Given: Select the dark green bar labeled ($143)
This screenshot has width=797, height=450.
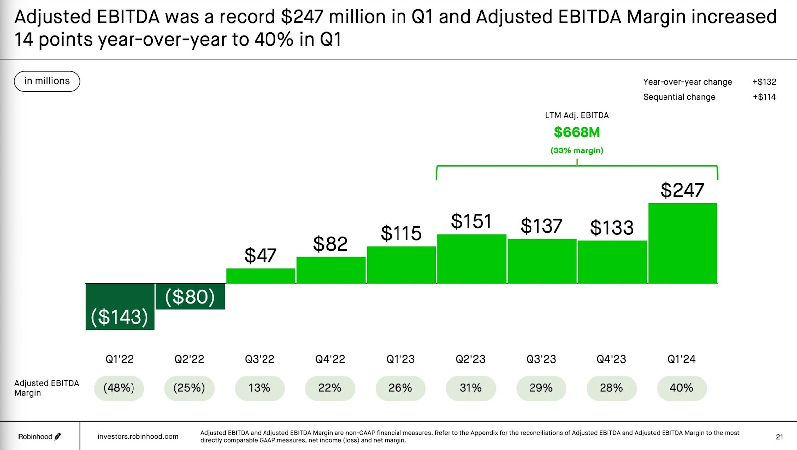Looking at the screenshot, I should click(120, 306).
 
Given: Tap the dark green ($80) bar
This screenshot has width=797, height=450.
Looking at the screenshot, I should click(190, 297).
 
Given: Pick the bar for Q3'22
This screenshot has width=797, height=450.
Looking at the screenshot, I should click(261, 276).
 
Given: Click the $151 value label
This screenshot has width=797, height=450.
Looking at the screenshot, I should click(471, 221).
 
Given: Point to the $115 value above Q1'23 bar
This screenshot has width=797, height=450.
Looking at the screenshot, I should click(401, 233).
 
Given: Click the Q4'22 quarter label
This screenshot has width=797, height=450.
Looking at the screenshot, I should click(330, 359).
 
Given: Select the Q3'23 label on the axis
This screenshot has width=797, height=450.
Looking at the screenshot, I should click(541, 359).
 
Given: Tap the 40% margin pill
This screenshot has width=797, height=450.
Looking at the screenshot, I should click(681, 388).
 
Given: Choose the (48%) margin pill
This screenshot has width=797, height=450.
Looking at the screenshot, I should click(119, 388).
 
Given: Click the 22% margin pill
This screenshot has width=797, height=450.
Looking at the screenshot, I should click(330, 388).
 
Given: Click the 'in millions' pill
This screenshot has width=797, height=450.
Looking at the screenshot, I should click(47, 81).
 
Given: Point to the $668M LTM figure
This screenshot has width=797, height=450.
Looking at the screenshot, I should click(577, 132).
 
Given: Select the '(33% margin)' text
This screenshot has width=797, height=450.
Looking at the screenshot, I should click(577, 150).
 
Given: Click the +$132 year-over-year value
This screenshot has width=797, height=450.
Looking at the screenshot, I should click(764, 82).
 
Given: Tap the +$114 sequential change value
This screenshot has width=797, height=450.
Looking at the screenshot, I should click(764, 97).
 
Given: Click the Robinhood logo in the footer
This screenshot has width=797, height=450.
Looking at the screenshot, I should click(39, 437).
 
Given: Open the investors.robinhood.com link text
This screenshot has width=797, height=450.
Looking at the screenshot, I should click(138, 437).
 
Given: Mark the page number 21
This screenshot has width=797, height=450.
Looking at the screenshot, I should click(779, 437).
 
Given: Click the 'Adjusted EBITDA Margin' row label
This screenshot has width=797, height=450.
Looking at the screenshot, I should click(46, 388).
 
